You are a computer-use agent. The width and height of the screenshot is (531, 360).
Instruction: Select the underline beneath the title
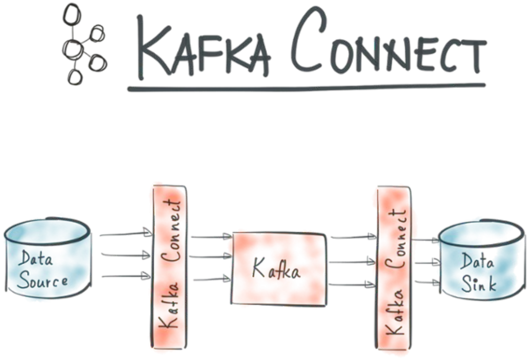pos(305,87)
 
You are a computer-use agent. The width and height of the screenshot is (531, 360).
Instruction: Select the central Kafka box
pos(278,269)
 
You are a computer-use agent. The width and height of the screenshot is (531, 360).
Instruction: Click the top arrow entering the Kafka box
pos(211,236)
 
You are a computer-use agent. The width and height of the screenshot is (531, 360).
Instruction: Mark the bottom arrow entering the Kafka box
pos(211,280)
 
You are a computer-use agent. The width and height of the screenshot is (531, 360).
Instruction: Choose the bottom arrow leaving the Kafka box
pos(352,284)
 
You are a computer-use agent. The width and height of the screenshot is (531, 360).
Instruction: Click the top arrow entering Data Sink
pos(425,240)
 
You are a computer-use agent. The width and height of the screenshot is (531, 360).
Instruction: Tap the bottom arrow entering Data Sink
pos(425,282)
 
